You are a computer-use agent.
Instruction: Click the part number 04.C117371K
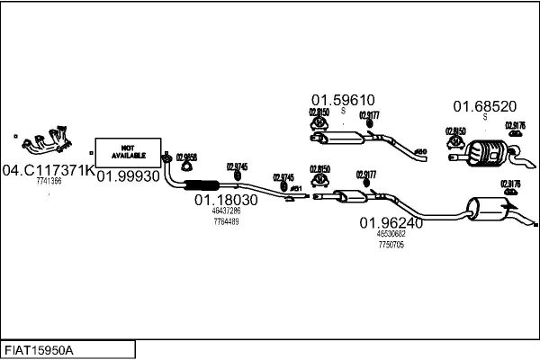tap(48, 169)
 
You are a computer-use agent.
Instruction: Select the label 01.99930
tap(128, 175)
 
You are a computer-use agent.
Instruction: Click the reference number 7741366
tap(49, 181)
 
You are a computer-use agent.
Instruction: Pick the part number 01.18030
tap(225, 199)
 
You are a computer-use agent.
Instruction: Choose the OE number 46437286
tap(225, 211)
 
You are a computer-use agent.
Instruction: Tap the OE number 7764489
tap(225, 221)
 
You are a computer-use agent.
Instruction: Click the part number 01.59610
tap(343, 100)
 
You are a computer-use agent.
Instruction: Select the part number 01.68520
tap(484, 105)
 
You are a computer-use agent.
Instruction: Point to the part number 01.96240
tap(391, 222)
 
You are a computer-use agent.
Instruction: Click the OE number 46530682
tap(391, 234)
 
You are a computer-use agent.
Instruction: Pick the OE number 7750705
tap(391, 244)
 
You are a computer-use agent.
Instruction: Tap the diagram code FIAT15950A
tap(40, 349)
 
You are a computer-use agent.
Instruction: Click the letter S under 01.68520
tap(484, 117)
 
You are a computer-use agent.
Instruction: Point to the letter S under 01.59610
tap(343, 111)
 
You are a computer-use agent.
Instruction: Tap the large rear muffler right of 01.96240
tap(491, 210)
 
